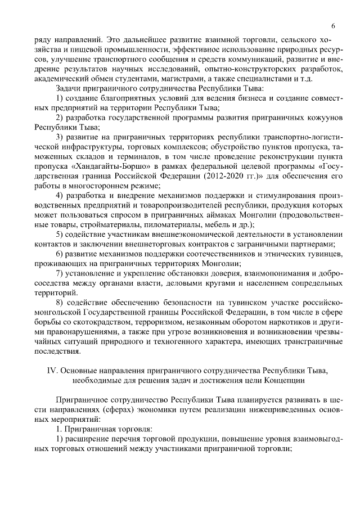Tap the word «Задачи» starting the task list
tap(68, 88)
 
